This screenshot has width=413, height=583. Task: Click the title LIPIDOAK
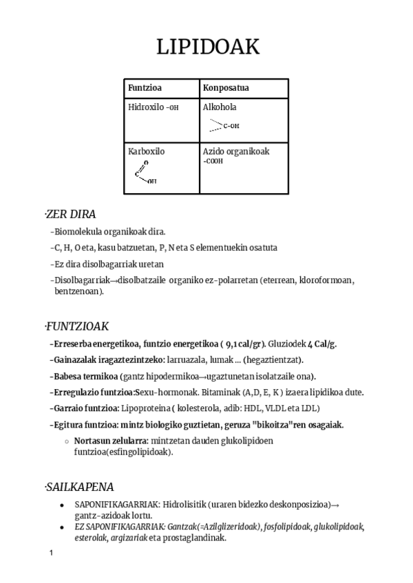tap(207, 47)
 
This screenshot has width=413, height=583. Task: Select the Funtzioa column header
tap(145, 89)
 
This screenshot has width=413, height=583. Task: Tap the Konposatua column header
tap(226, 89)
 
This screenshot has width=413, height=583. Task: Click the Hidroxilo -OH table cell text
tap(153, 107)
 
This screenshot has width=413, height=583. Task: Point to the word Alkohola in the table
tap(220, 107)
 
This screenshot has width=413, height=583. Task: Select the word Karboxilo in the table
tap(146, 151)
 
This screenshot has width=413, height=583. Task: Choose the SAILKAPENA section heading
tap(80, 487)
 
